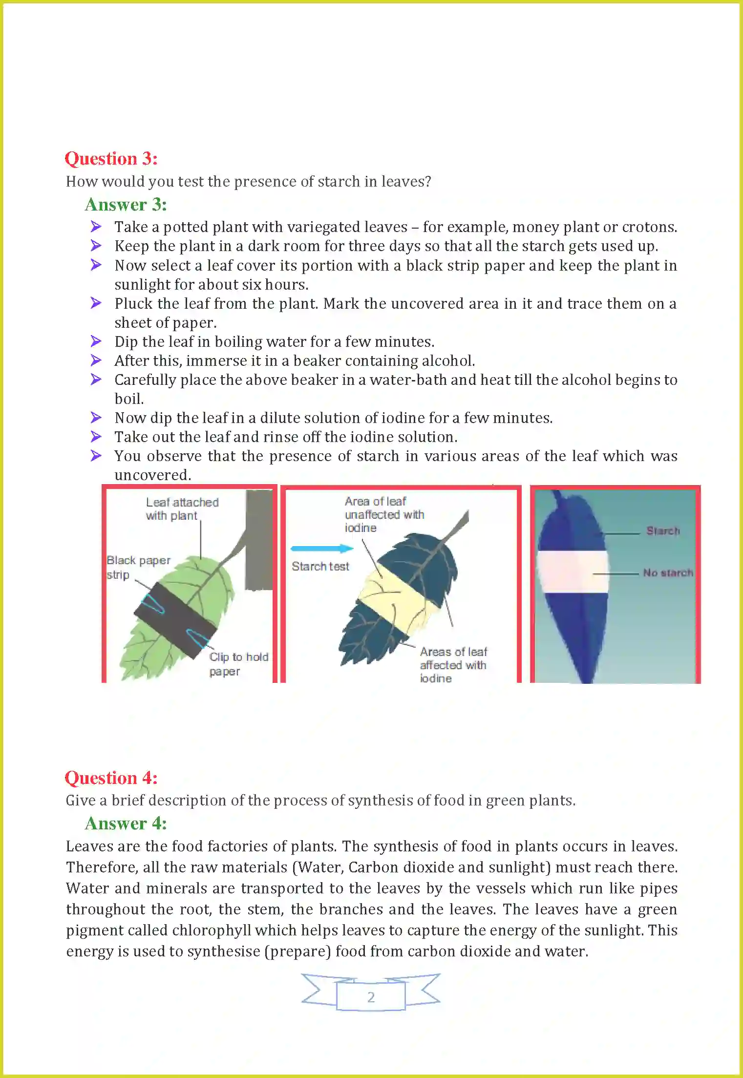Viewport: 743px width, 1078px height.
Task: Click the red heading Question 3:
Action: pos(111,159)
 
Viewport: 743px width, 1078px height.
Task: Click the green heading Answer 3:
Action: pos(126,205)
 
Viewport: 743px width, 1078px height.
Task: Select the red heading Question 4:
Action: pos(111,778)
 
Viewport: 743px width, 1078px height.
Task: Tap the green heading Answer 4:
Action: pos(126,824)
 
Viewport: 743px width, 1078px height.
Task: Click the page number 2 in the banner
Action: pos(371,997)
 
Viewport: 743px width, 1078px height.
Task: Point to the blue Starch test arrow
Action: pos(321,549)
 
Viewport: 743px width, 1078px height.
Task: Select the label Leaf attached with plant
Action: pos(181,509)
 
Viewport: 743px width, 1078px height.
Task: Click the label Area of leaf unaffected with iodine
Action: pos(383,514)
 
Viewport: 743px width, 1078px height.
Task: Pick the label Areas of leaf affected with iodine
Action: pos(453,665)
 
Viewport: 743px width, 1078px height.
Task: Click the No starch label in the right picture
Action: pos(667,573)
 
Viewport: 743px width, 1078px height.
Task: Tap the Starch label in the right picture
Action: pos(662,531)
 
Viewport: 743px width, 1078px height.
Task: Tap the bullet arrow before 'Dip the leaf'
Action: pos(96,341)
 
